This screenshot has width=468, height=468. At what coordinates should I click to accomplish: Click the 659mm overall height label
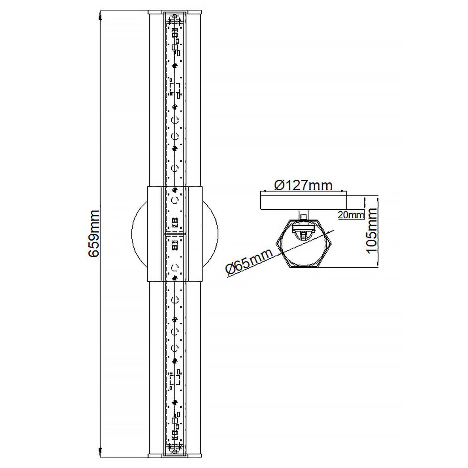pos(94,234)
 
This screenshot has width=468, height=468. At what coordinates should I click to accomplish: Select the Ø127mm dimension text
pos(303,185)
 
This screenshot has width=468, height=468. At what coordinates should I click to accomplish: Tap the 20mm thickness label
pos(351,215)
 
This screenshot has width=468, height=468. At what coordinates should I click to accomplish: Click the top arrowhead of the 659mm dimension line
pos(100,17)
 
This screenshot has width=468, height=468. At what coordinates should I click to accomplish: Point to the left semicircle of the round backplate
pos(139,233)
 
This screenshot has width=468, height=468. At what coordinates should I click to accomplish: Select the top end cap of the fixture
pos(175,13)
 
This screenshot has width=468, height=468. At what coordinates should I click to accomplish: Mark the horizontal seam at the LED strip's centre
pos(175,233)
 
